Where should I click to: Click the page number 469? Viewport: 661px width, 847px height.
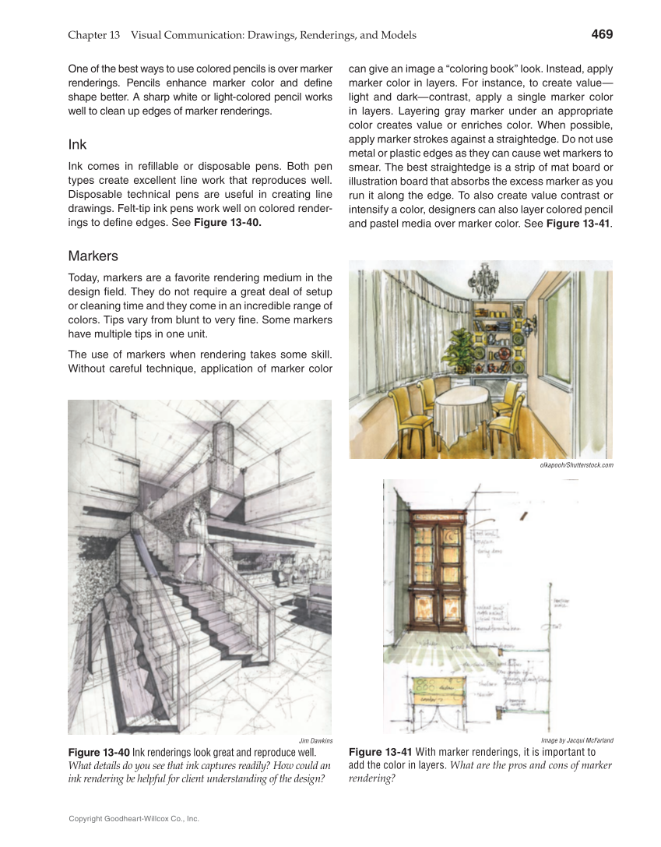point(601,34)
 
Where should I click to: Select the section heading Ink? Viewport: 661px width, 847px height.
point(77,145)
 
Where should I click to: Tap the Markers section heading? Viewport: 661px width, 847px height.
point(93,256)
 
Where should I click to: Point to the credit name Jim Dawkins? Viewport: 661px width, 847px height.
point(315,740)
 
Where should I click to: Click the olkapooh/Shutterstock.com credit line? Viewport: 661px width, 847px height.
point(576,465)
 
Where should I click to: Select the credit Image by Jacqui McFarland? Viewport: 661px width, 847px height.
point(577,740)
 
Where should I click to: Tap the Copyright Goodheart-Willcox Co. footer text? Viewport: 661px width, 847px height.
point(134,819)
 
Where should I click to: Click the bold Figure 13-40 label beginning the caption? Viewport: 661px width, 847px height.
point(99,753)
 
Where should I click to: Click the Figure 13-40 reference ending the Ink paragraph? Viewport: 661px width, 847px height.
point(227,223)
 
